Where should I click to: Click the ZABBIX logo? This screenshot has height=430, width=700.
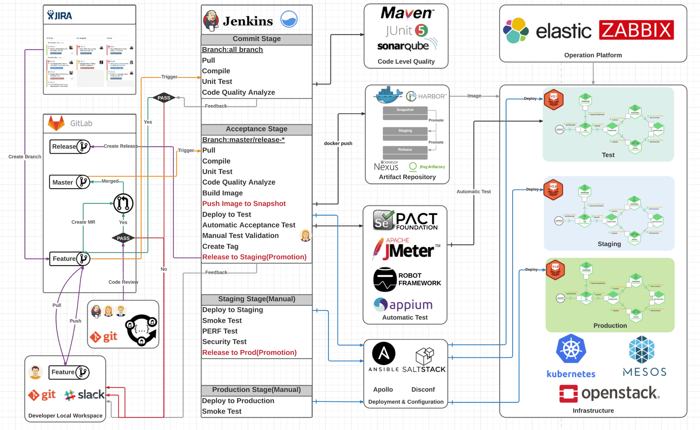click(636, 30)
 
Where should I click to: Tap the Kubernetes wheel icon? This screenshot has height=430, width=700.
click(571, 349)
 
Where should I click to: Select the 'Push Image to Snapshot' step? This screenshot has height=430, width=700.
click(244, 203)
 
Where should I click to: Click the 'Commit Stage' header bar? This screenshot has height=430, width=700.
click(256, 39)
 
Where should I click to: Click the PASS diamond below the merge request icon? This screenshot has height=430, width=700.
click(123, 238)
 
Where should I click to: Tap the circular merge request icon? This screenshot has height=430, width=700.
click(123, 203)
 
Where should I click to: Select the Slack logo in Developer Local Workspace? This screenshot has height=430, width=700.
click(84, 395)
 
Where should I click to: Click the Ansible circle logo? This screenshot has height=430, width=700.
click(384, 354)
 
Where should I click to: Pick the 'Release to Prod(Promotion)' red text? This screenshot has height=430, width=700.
click(249, 352)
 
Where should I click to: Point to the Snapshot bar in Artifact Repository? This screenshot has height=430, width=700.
click(405, 110)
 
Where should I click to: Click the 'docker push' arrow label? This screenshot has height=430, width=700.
click(338, 143)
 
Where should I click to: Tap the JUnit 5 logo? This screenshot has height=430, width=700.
click(406, 31)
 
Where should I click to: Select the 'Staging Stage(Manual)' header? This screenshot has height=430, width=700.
click(256, 299)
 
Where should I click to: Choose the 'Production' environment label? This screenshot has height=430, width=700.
click(610, 325)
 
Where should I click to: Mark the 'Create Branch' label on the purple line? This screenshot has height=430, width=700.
click(25, 156)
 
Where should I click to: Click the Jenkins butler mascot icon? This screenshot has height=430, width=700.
click(211, 20)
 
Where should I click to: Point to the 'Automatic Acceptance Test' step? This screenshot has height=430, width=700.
click(248, 225)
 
